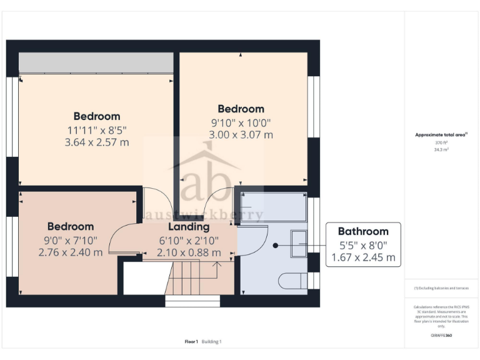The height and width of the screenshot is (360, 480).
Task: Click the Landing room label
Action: click(x=188, y=227)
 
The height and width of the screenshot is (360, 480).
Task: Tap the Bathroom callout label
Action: click(x=363, y=231)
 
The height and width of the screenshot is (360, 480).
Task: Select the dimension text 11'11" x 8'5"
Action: click(x=97, y=130)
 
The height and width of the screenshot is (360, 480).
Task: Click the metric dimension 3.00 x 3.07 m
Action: click(x=241, y=134)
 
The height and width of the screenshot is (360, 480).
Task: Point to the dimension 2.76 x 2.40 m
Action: click(x=71, y=252)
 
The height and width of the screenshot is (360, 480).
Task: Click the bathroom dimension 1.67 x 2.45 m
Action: click(x=363, y=257)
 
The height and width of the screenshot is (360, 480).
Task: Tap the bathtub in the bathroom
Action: click(x=273, y=207)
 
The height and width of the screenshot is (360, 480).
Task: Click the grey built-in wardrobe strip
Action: click(x=96, y=62)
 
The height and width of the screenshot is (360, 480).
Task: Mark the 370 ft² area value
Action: click(x=442, y=142)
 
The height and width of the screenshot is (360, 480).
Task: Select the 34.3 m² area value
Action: click(x=442, y=150)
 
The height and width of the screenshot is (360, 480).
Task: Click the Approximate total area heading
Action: click(x=441, y=134)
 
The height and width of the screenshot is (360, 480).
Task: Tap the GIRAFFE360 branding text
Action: click(x=441, y=336)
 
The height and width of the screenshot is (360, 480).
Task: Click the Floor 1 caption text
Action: click(x=191, y=341)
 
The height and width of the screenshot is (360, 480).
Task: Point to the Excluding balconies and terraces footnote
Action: click(x=441, y=288)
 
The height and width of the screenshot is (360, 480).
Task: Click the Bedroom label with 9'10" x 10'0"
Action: click(x=241, y=109)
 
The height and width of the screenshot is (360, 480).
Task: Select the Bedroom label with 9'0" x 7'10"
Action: click(x=71, y=226)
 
